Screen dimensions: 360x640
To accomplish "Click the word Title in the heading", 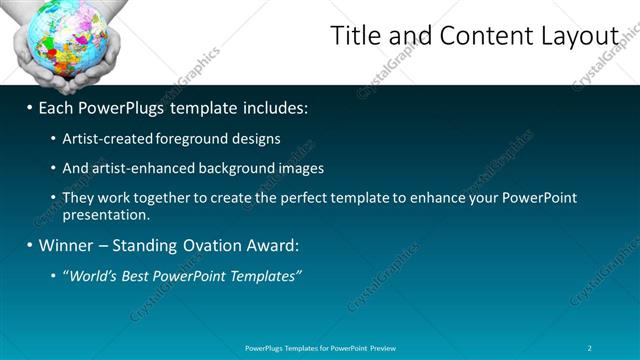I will click(x=356, y=36).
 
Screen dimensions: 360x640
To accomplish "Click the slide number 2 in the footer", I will click(x=590, y=348).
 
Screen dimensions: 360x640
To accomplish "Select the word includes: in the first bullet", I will click(x=272, y=107).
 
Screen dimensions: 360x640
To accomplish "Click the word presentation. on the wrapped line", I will click(x=106, y=214).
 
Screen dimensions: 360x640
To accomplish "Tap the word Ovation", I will click(x=217, y=245).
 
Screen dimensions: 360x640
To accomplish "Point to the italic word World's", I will click(x=92, y=275).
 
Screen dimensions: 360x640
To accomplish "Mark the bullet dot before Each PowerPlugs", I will click(x=30, y=108).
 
